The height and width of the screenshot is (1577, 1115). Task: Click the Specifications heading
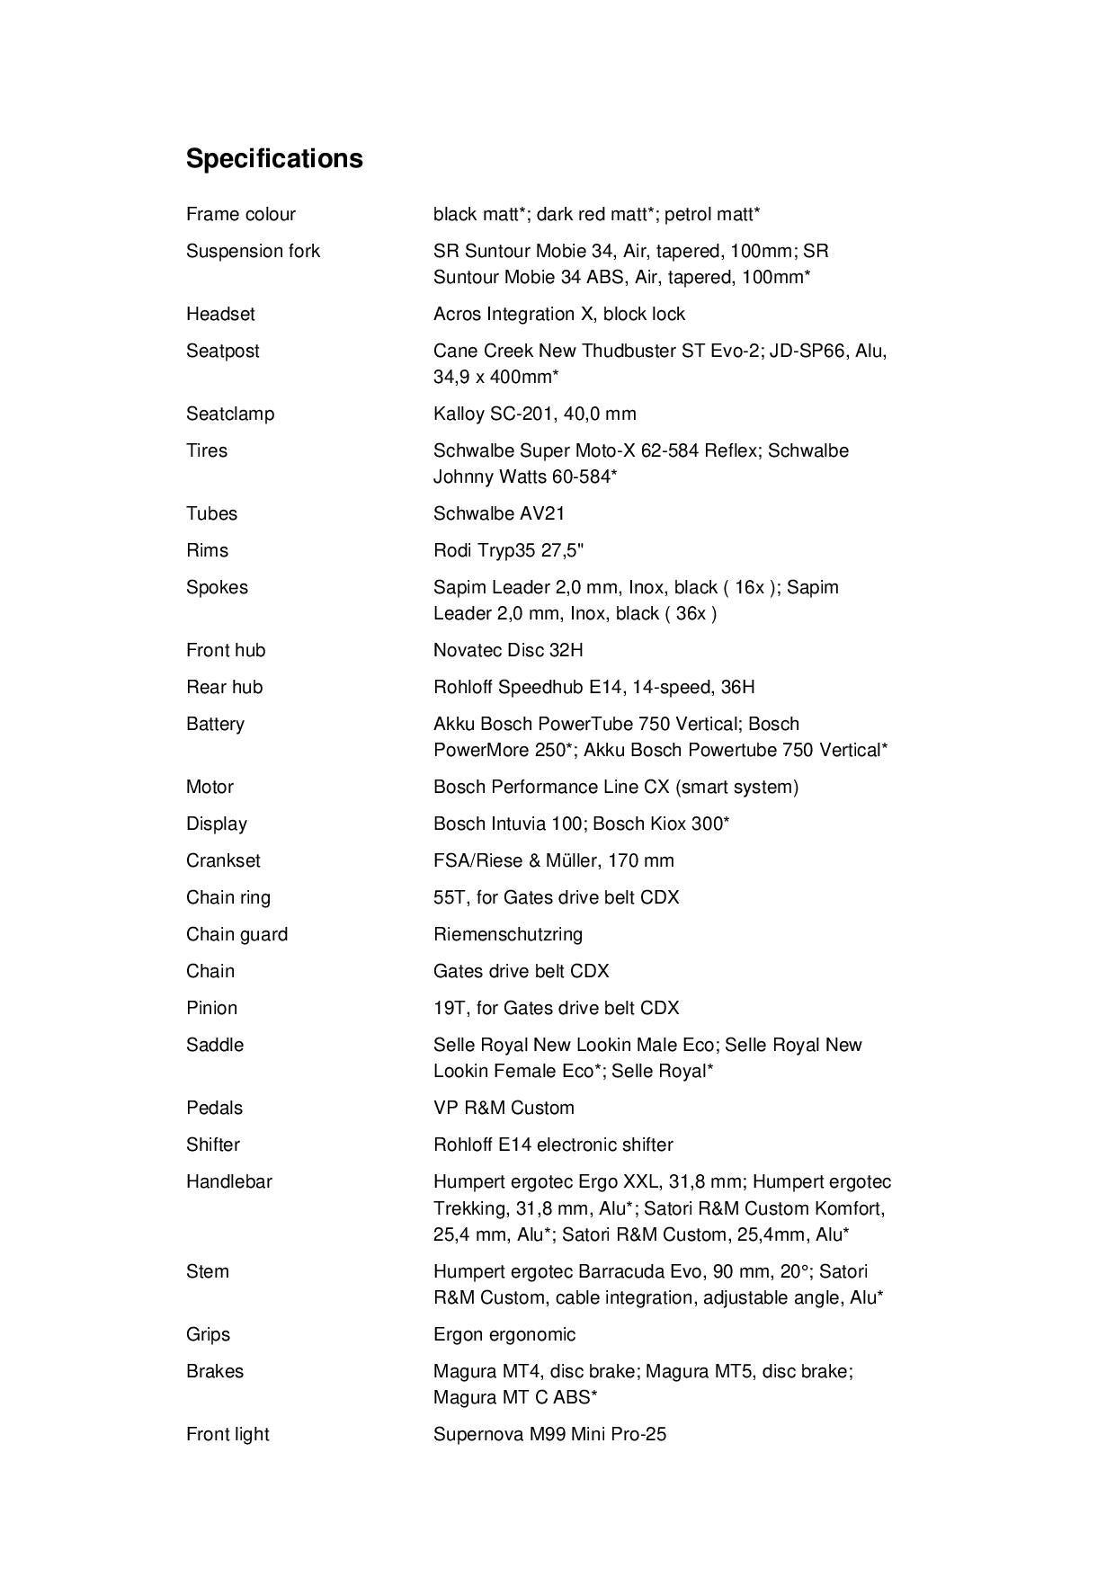pos(274,158)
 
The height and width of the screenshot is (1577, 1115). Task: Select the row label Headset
pos(220,314)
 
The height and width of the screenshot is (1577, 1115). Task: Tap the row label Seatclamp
pos(230,414)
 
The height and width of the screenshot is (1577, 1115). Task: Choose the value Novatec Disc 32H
pos(508,650)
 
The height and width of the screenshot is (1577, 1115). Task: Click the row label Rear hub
pos(224,687)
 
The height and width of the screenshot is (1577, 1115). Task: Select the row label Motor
pos(210,787)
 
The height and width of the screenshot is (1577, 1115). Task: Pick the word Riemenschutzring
pos(508,934)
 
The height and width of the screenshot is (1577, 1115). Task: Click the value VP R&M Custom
pos(504,1108)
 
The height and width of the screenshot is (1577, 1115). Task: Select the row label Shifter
pos(213,1145)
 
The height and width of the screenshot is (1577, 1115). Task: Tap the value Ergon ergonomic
pos(504,1334)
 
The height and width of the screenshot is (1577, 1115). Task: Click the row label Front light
pos(227,1434)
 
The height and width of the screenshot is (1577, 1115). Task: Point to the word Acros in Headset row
pos(457,314)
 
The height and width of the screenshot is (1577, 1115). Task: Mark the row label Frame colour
pos(240,214)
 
